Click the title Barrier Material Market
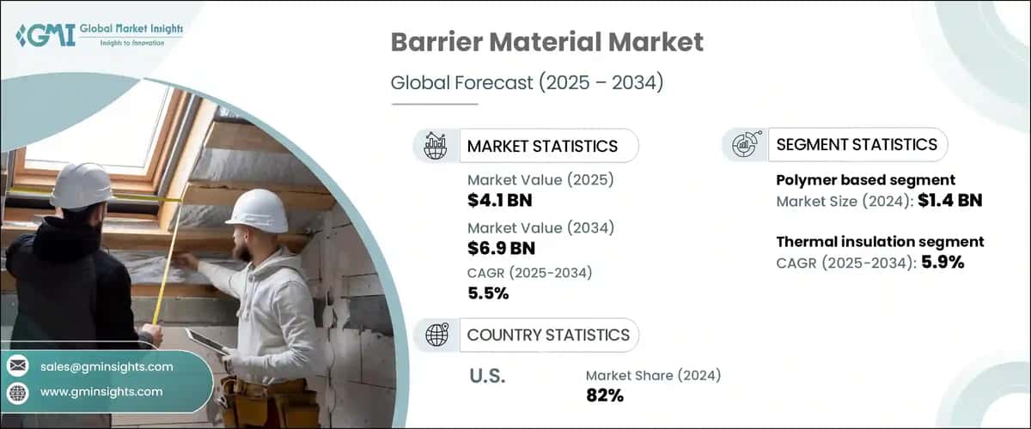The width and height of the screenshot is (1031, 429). point(546,43)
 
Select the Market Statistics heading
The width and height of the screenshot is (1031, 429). point(542,146)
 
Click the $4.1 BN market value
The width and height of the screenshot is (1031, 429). point(503,200)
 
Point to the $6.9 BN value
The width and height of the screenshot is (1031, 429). point(503,249)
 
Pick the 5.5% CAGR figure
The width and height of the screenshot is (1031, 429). point(488,293)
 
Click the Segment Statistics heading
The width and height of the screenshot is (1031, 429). point(857,144)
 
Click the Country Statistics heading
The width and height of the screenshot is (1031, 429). point(548,335)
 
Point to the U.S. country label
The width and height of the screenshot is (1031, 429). point(487,375)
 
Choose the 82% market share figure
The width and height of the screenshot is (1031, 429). point(605,396)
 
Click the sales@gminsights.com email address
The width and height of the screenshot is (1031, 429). point(107,366)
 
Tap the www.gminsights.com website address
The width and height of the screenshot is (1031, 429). point(101,391)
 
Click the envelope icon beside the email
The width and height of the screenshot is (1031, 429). point(18,366)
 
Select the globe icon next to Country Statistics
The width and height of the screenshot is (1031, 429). point(437,335)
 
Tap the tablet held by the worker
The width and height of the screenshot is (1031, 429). point(206,341)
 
